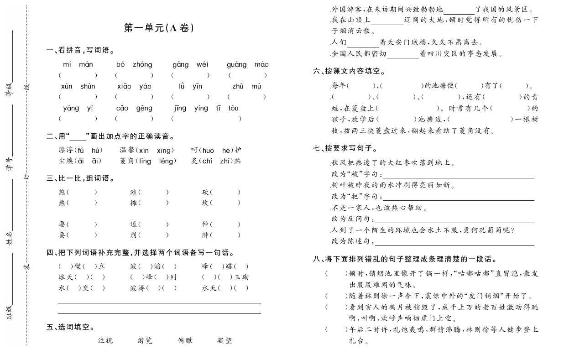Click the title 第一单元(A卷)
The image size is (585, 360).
pos(159,28)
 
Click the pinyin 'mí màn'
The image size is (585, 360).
pos(78,64)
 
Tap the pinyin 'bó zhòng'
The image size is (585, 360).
pos(134,64)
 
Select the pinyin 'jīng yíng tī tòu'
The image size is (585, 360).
pos(206,108)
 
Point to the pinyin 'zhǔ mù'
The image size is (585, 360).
pos(246,86)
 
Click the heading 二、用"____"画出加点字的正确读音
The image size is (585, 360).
pos(110,136)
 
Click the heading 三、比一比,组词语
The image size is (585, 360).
pos(80,178)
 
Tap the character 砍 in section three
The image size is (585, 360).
pos(205,192)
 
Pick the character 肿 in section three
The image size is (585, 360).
pos(205,235)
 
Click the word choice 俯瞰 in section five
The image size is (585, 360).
pos(185,340)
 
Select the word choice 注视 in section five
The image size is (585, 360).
pos(105,340)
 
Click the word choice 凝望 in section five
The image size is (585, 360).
pos(225,340)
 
